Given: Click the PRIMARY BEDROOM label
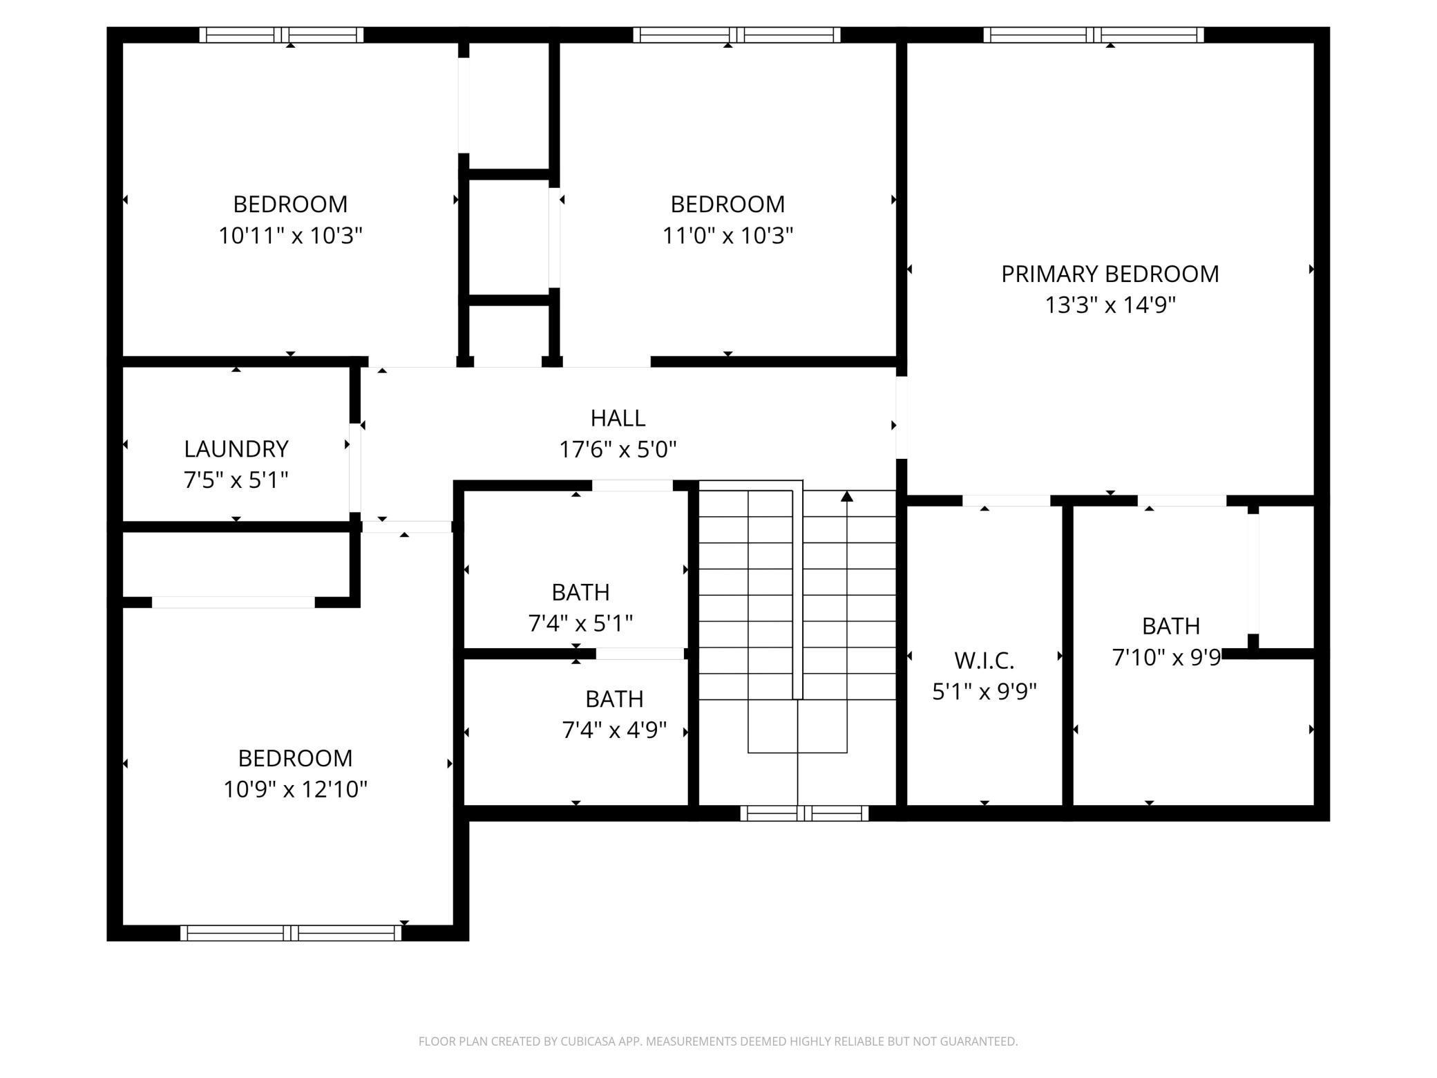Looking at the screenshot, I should (x=1110, y=274).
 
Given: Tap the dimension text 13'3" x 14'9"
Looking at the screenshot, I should (x=1110, y=305).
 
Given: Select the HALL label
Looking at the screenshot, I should (x=618, y=418).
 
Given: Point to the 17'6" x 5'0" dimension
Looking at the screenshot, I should (x=618, y=450).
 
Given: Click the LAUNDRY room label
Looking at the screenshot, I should (x=236, y=449).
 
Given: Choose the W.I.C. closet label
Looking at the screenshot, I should (x=984, y=661).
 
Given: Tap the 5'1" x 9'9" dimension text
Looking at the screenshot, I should (x=984, y=691).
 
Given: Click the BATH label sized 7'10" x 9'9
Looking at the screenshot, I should (x=1170, y=626).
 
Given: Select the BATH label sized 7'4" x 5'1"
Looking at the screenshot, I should (x=580, y=592).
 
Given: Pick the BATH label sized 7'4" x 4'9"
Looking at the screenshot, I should (x=613, y=699).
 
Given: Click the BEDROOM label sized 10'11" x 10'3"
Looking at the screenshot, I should (x=290, y=205).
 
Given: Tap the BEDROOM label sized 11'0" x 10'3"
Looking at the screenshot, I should (x=727, y=205).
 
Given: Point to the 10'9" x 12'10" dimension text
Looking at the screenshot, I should (x=295, y=789).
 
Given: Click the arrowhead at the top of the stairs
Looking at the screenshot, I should (x=847, y=496).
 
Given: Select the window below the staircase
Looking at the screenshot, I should (x=803, y=813).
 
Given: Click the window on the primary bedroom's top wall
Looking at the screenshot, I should (x=1093, y=35).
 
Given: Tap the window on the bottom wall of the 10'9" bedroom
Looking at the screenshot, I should (x=290, y=933).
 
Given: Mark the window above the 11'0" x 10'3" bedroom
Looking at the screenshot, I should (x=736, y=35).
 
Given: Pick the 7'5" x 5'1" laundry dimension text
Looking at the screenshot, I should (x=236, y=480).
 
